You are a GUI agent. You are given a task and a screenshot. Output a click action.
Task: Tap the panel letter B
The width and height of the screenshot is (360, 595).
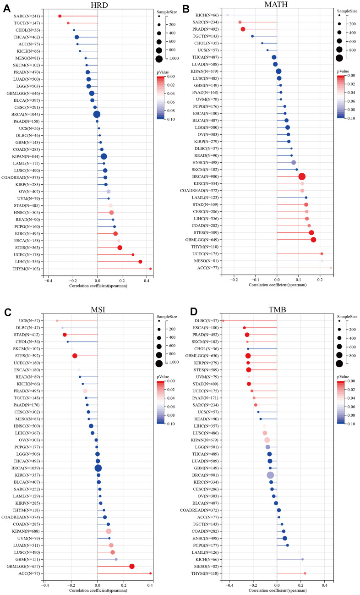(186, 8)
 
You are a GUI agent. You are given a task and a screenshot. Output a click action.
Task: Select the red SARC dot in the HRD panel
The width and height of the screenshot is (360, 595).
(60, 16)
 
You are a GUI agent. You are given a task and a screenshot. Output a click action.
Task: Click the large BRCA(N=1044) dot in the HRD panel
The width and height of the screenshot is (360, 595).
(97, 114)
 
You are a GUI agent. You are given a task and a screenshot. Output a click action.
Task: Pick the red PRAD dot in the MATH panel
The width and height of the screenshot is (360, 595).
(243, 29)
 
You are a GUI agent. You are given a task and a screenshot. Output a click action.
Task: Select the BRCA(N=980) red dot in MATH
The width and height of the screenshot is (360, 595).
(302, 176)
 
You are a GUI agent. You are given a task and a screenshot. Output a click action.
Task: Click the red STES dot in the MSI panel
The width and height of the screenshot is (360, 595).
(75, 355)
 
